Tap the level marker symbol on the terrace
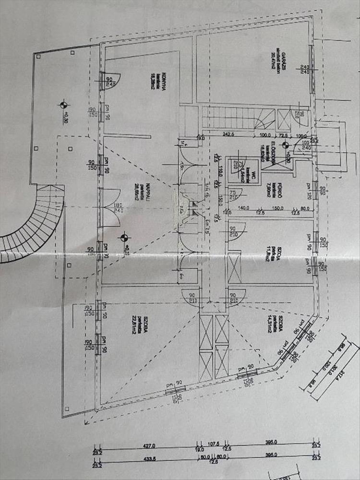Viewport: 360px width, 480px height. point(63,105)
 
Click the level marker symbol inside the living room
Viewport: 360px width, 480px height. point(124,237)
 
